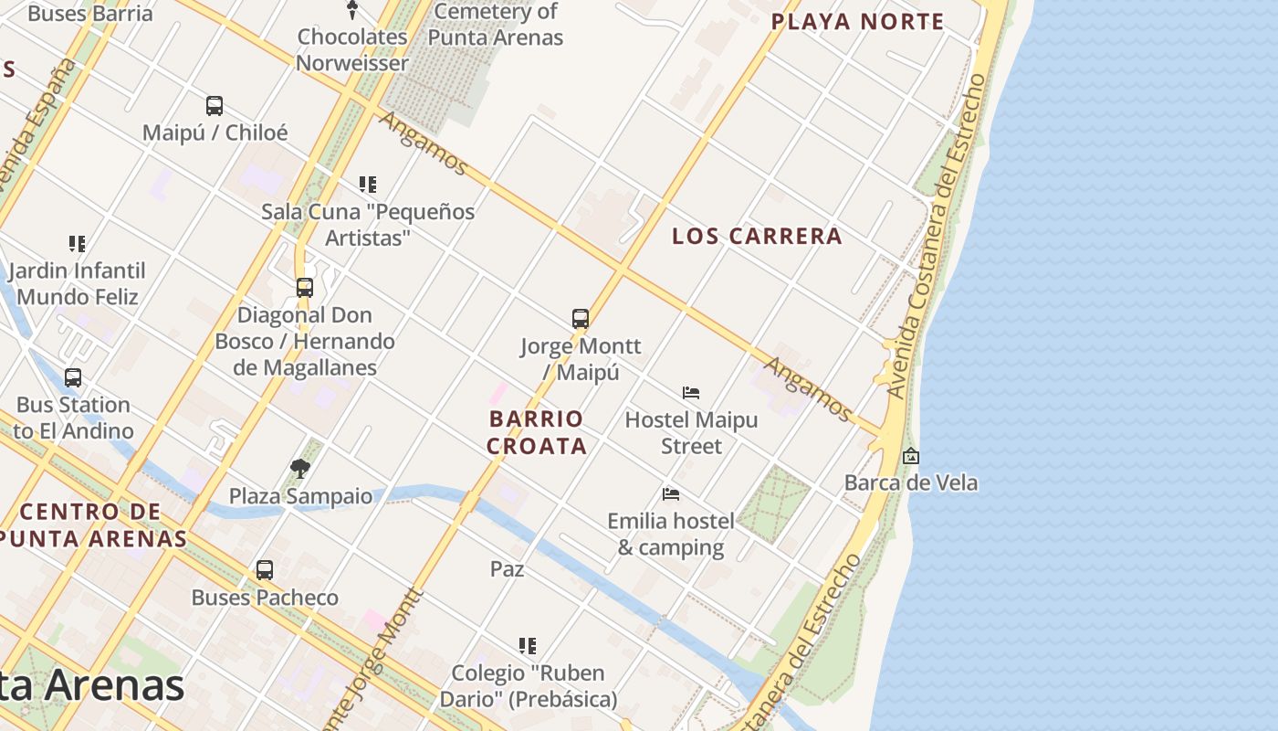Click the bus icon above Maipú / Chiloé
coord(215,106)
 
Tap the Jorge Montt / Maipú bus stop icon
coord(581,319)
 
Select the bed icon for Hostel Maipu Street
coord(691,393)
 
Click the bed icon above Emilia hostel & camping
coord(671,494)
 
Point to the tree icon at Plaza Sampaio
coord(299,470)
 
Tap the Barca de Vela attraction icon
coord(910,456)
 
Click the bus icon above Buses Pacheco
coord(265,570)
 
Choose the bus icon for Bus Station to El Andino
coord(73,377)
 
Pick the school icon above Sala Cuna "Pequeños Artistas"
coord(368,185)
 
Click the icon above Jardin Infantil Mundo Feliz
coord(78,244)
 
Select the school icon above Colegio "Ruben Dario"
coord(528,646)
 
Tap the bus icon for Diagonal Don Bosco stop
coord(305,288)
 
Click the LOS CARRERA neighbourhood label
coord(757,236)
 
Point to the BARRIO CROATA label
coord(536,432)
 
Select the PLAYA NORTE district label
coord(857,22)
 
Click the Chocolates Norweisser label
coord(352,50)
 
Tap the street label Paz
coord(508,569)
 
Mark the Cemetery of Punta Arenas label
coord(496,25)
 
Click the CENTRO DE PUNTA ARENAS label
coord(91,524)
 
